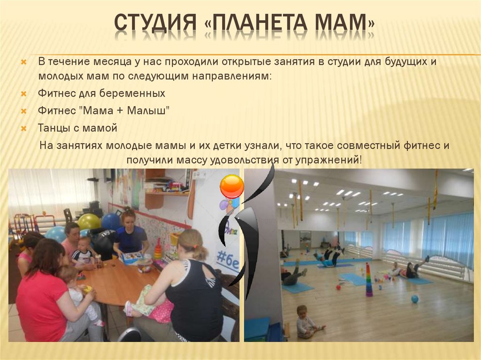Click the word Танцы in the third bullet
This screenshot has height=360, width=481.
(52, 128)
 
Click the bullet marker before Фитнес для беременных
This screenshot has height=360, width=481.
(23, 94)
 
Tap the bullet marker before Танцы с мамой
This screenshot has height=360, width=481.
(23, 128)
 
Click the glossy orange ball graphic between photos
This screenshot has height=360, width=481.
(232, 186)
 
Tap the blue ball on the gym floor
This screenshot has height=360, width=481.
(414, 299)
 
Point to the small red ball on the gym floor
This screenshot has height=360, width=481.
(339, 286)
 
